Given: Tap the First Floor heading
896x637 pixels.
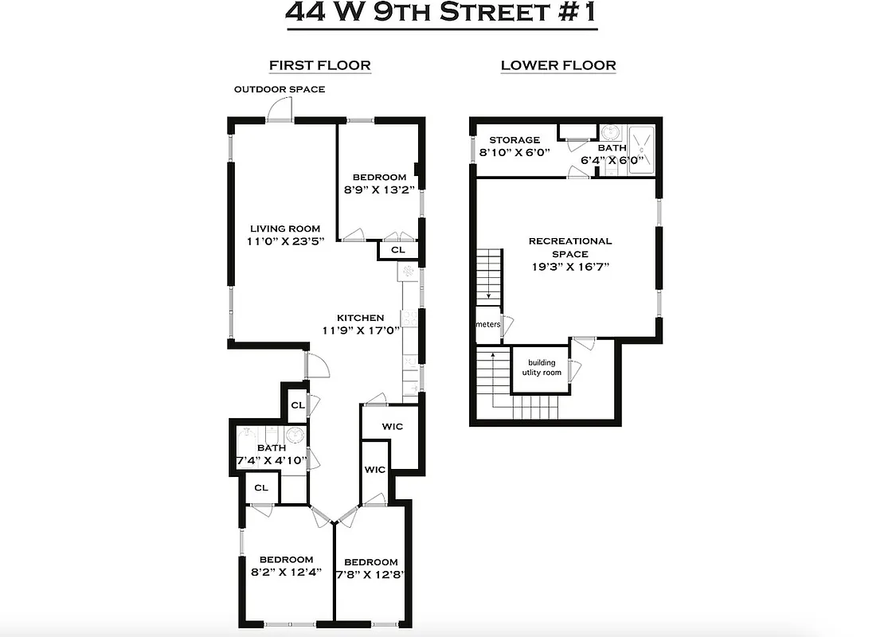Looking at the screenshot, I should [319, 65].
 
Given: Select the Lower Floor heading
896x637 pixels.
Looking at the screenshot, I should [558, 65].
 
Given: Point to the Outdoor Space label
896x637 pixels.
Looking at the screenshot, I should [279, 89].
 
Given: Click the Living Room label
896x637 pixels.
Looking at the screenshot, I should [284, 229].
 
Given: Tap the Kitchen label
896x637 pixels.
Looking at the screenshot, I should [360, 318].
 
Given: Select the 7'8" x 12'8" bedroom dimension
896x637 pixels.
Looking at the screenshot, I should [371, 575].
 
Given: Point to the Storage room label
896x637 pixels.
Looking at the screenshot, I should [515, 140].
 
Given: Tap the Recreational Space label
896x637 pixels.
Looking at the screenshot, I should [570, 247].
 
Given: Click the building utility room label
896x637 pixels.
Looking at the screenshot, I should [542, 368].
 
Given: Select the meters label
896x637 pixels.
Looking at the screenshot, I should [487, 324].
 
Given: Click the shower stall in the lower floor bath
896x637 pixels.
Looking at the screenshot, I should [641, 149].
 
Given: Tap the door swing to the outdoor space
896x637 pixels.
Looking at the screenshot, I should [280, 111].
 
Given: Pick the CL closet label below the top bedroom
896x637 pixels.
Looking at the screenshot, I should [398, 250].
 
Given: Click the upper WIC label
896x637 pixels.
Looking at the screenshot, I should [392, 427].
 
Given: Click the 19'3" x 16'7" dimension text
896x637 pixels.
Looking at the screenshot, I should [569, 267].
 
